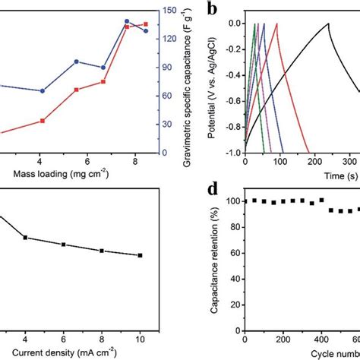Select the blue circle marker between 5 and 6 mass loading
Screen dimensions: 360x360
pos(76,62)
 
